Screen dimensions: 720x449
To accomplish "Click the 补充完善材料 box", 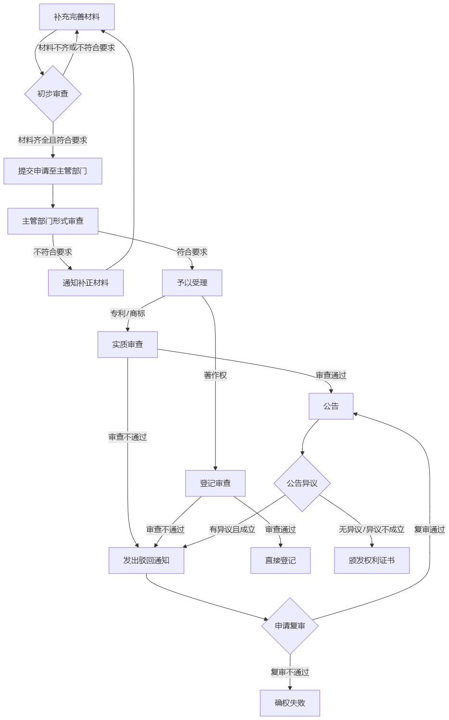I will [x=77, y=17].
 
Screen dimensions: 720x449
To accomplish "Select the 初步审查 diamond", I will [x=53, y=94].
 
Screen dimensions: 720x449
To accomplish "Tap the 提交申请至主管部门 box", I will [x=53, y=171].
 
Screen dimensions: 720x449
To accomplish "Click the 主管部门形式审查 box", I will [x=53, y=221].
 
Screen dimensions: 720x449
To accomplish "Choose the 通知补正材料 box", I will [x=86, y=283].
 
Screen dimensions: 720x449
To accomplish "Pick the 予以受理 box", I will [x=192, y=283].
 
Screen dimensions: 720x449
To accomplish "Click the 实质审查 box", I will [x=128, y=345].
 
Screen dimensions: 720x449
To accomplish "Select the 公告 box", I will [x=331, y=406].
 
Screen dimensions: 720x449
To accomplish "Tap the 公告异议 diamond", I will [x=302, y=483].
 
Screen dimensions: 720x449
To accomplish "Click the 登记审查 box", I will [x=215, y=483].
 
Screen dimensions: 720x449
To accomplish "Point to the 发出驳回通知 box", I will [x=146, y=560].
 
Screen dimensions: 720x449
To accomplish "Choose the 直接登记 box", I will [x=281, y=560].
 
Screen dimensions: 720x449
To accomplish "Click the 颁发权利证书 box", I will [x=372, y=560].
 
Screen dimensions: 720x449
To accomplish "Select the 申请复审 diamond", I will [x=290, y=626].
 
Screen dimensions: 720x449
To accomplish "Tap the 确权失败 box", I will [x=290, y=703].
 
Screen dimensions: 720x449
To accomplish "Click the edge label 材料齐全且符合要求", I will [x=53, y=140].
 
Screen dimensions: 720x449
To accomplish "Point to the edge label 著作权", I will [x=215, y=375].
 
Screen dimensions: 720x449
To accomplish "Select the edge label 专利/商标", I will [x=128, y=314].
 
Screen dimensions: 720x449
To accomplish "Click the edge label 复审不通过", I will [x=290, y=672].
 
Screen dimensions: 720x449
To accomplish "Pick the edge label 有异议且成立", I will [x=232, y=530].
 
